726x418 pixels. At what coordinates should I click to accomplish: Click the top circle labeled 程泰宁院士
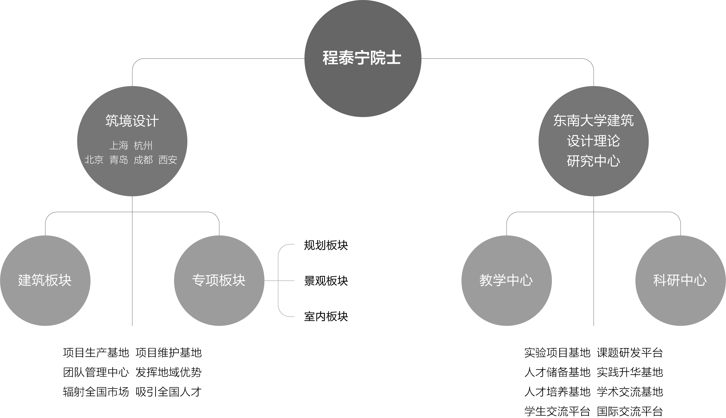coord(363,58)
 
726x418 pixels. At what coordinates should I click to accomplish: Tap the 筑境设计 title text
coord(132,121)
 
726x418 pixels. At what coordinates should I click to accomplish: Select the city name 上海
coord(119,146)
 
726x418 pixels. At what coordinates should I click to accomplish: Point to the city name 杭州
coord(143,146)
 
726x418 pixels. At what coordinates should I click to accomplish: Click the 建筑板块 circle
coord(45,280)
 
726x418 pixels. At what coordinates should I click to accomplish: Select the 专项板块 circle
coord(219,280)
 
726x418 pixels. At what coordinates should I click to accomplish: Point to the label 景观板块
coord(326,281)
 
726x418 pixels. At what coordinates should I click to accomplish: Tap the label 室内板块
coord(326,316)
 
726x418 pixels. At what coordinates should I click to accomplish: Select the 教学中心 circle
coord(506,280)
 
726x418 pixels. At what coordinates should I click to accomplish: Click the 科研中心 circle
coord(680,280)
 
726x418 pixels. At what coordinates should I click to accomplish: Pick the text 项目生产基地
coord(96,353)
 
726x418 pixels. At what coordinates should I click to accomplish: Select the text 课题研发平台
coord(630,353)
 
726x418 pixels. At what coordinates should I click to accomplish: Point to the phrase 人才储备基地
coord(557,372)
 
